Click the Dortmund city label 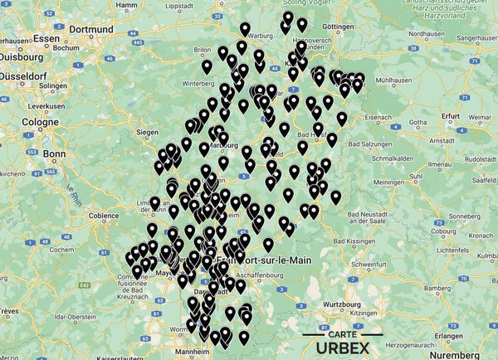90,29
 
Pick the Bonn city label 54,154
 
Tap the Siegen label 146,132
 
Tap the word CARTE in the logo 343,335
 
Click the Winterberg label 198,84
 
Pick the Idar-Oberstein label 73,316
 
